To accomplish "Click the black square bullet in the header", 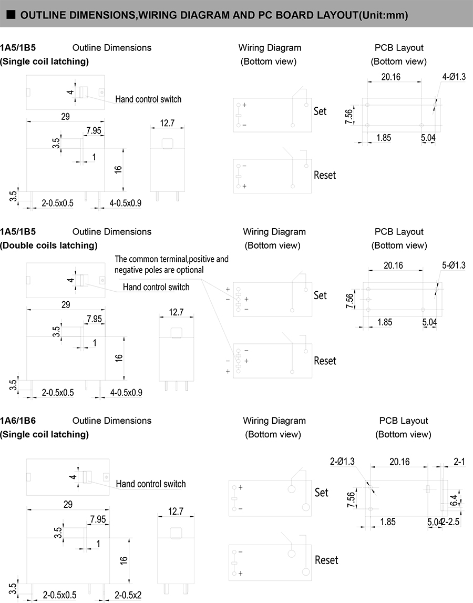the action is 12,15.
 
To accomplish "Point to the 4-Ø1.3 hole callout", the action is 454,77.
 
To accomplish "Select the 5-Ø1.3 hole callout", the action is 454,265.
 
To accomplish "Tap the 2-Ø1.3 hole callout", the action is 342,461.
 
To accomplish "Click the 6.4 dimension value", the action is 454,500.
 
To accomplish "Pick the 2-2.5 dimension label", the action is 450,522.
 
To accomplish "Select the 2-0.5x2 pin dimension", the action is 128,595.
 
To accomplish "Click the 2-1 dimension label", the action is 459,461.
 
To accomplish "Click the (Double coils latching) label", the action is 49,246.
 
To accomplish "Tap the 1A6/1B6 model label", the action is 18,421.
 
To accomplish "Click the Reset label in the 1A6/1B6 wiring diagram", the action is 326,560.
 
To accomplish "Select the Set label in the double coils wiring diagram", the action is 320,295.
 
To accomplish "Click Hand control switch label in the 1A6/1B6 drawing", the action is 151,484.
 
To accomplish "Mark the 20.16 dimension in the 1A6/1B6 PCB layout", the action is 399,462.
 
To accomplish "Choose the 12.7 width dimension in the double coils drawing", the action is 176,312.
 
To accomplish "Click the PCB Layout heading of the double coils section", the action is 399,231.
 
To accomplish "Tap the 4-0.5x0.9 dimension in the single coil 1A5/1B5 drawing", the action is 126,203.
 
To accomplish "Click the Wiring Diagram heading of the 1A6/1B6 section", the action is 274,421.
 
